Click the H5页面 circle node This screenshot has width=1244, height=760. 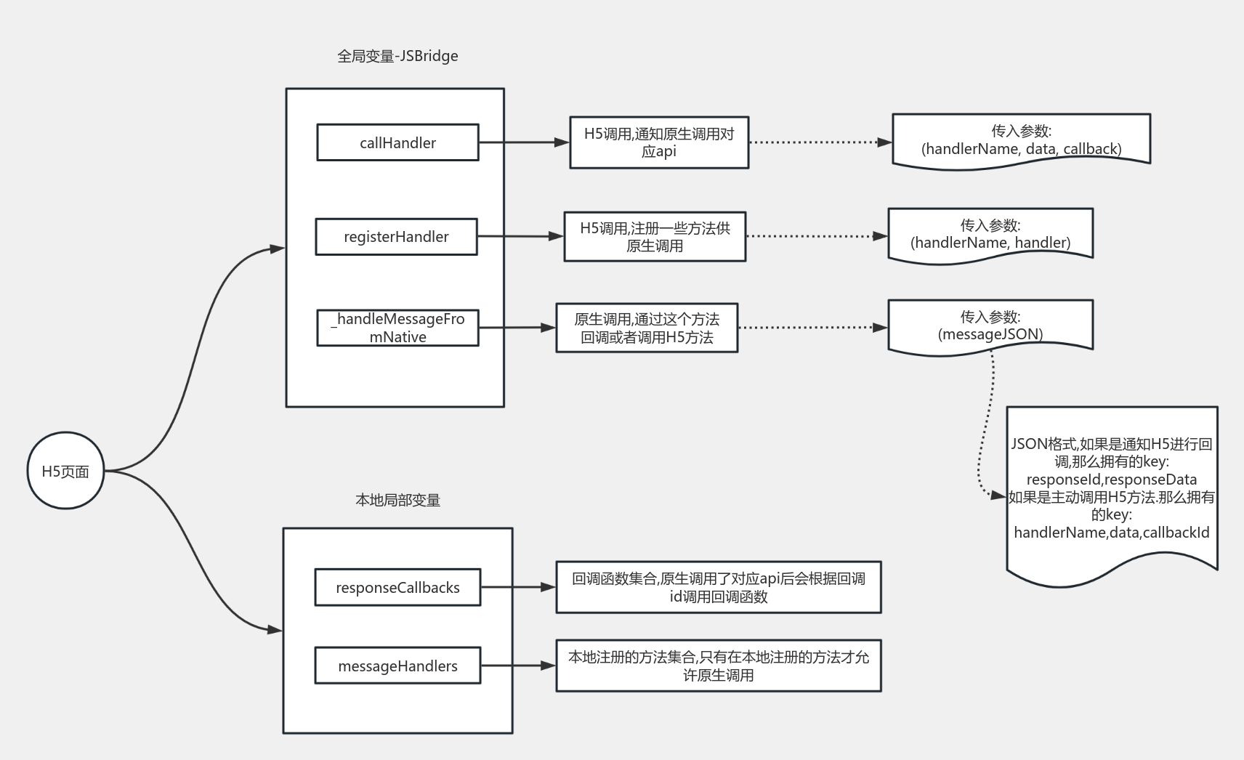(65, 471)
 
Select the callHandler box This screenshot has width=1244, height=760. (397, 142)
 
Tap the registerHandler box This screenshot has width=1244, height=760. (397, 237)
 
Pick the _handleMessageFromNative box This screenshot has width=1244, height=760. (397, 328)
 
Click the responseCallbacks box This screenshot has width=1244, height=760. (397, 587)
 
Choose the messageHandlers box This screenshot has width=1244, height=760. (397, 666)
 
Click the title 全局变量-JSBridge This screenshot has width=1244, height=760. (397, 56)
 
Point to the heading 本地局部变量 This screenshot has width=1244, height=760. (397, 500)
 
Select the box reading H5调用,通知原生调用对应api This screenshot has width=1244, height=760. (659, 142)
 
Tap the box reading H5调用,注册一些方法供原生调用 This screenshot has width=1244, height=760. (655, 236)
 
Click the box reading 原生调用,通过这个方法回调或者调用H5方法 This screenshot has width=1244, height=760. (647, 328)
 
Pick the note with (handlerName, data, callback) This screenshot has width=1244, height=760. (1022, 141)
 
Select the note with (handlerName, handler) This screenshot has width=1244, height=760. (990, 235)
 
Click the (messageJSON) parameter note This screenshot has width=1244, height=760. (990, 327)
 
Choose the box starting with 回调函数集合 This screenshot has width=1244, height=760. (719, 587)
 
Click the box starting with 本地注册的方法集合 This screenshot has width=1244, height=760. (719, 666)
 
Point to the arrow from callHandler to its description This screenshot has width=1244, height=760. (524, 142)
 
